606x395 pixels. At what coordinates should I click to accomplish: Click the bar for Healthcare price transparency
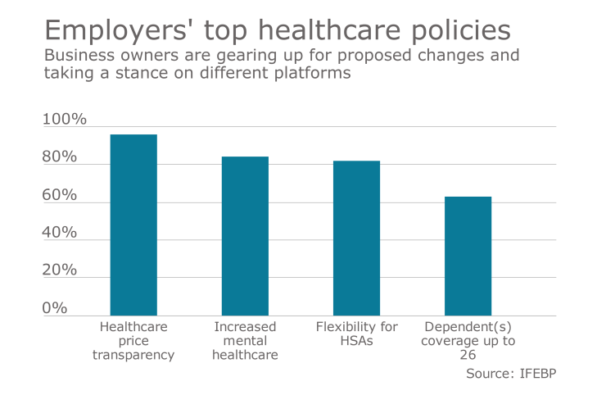pyautogui.click(x=133, y=225)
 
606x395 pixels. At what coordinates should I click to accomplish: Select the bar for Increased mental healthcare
pyautogui.click(x=245, y=236)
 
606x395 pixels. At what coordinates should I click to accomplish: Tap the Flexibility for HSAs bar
pyautogui.click(x=356, y=238)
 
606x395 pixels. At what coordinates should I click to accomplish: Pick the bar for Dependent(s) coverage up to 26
pyautogui.click(x=468, y=256)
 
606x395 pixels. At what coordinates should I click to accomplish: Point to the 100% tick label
pyautogui.click(x=65, y=120)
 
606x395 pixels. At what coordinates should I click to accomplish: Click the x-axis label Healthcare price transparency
pyautogui.click(x=133, y=340)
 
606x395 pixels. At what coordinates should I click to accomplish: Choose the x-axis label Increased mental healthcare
pyautogui.click(x=245, y=340)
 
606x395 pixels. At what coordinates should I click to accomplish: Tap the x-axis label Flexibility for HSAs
pyautogui.click(x=356, y=334)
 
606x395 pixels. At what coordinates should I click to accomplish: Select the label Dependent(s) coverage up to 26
pyautogui.click(x=468, y=340)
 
